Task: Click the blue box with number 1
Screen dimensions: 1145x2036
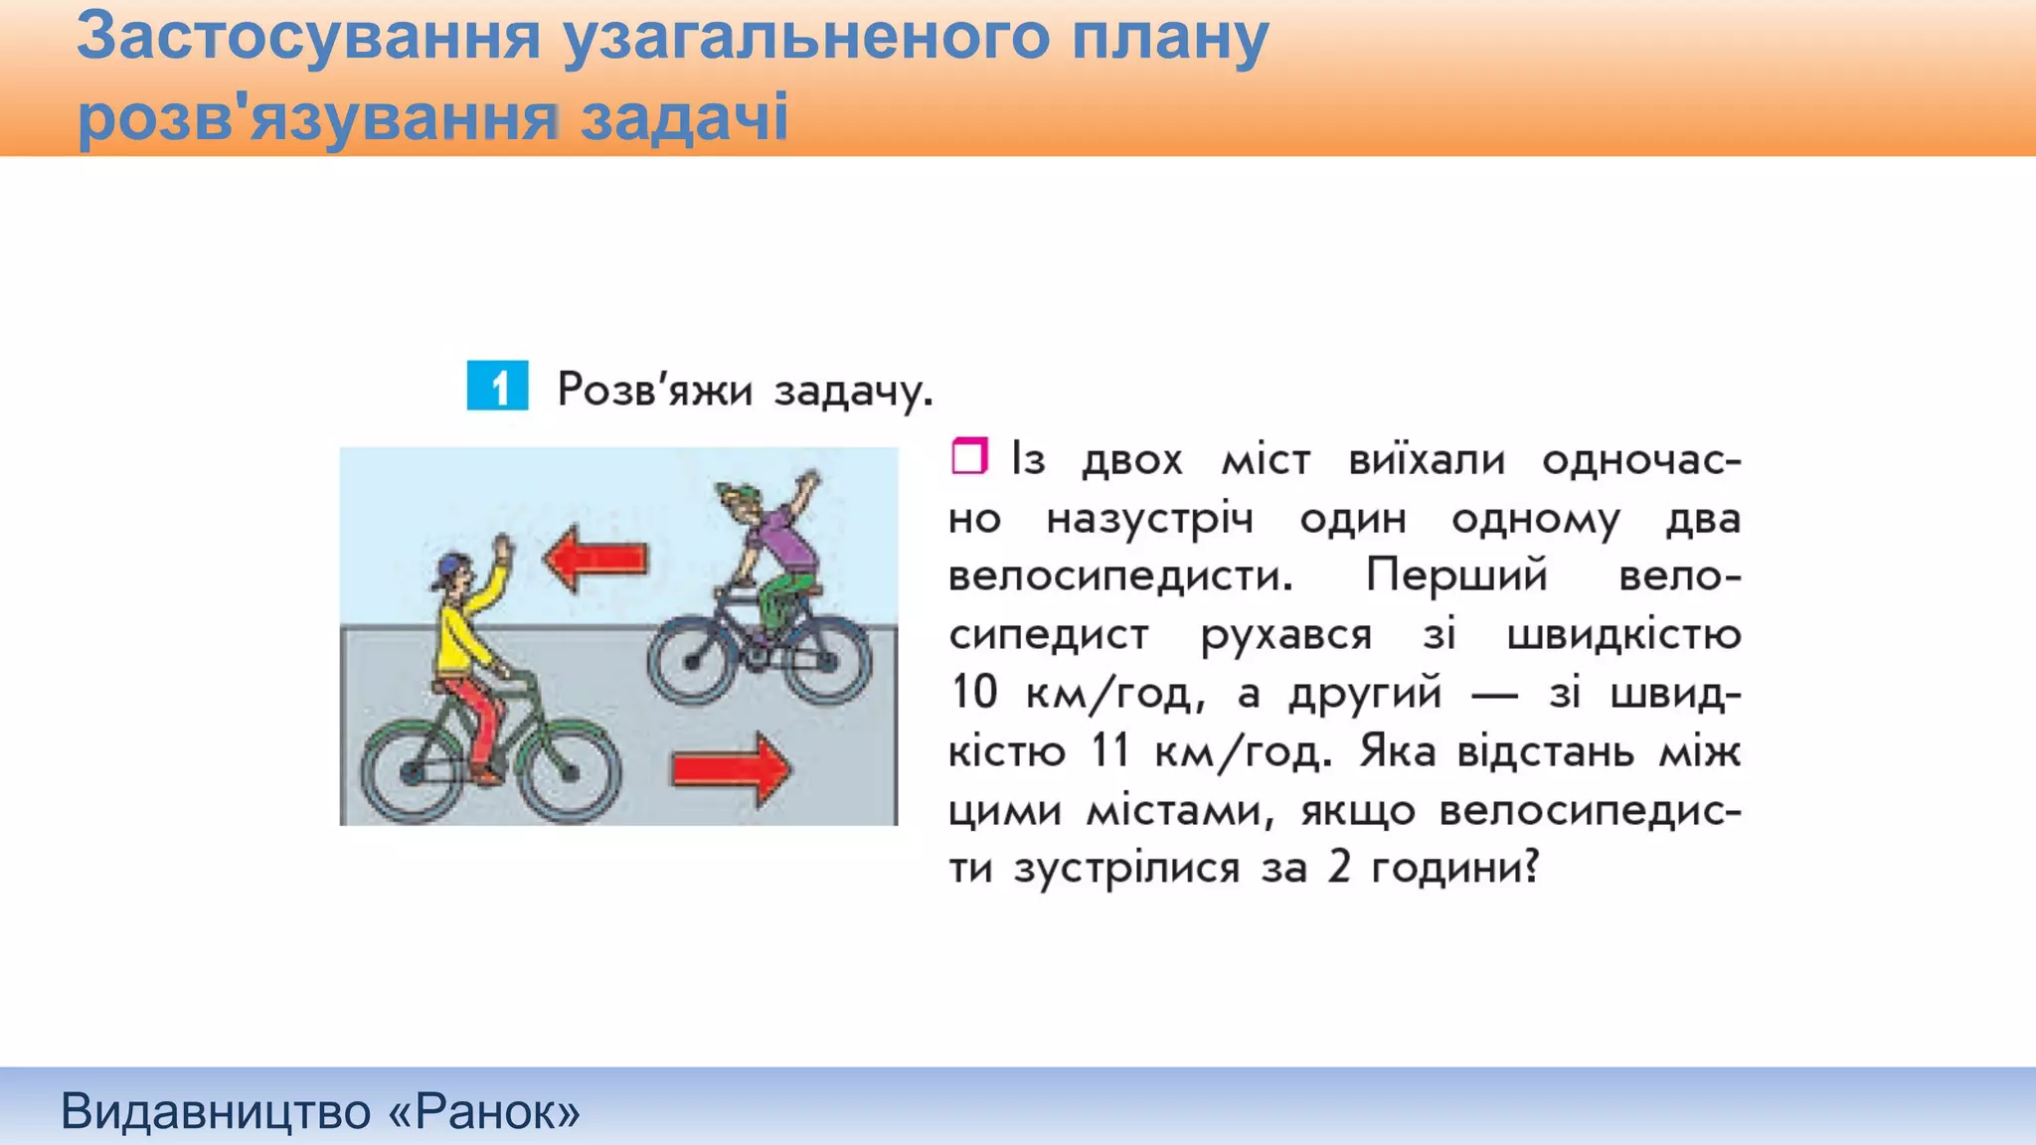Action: click(x=497, y=386)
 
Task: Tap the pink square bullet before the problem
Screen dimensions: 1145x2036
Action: click(x=969, y=456)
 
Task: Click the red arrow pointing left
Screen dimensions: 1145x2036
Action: click(x=595, y=559)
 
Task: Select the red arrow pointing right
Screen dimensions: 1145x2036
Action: click(x=732, y=768)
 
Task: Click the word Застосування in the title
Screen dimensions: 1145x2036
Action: click(x=308, y=37)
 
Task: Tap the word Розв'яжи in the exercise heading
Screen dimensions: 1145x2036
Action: click(x=654, y=389)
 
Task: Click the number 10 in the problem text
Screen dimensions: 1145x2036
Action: click(x=973, y=692)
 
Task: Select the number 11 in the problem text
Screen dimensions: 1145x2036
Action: click(x=1109, y=750)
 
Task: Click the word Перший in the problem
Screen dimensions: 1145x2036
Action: click(x=1456, y=575)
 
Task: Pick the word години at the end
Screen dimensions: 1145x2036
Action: click(x=1453, y=869)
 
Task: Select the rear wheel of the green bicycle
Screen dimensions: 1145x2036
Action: click(x=412, y=771)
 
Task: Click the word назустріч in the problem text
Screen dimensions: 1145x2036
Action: click(x=1150, y=519)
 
